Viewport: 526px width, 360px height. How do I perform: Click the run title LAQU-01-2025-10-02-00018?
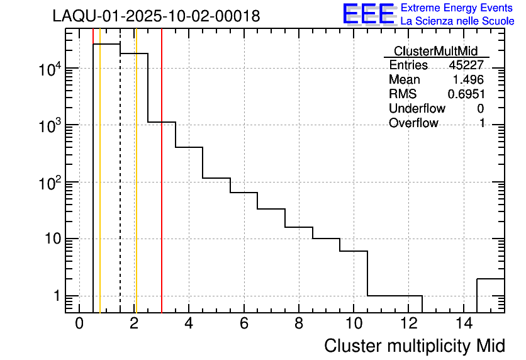[x=156, y=16]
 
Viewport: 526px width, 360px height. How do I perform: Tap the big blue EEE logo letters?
[x=369, y=14]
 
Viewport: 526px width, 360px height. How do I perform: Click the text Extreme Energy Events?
[x=457, y=8]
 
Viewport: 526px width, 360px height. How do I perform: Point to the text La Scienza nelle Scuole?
[x=457, y=21]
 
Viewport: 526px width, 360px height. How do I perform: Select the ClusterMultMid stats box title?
[x=435, y=51]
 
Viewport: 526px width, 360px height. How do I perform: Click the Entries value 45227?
[x=466, y=65]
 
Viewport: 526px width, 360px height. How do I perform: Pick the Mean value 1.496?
[x=468, y=80]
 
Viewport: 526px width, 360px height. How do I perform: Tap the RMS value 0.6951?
[x=466, y=94]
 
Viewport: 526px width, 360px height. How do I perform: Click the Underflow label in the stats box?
[x=417, y=109]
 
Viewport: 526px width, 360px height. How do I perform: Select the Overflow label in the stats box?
[x=413, y=123]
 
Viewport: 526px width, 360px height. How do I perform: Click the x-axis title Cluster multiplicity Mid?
[x=414, y=346]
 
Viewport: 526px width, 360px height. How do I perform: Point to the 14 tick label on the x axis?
[x=462, y=324]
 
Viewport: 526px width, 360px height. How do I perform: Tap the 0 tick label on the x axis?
[x=79, y=324]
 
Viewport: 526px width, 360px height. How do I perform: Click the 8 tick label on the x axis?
[x=298, y=324]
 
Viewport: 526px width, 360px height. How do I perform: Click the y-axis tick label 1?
[x=55, y=296]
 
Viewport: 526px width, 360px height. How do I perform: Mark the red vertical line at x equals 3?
[x=162, y=189]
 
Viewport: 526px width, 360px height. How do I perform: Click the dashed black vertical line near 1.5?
[x=120, y=189]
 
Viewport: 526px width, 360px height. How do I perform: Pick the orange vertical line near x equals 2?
[x=136, y=189]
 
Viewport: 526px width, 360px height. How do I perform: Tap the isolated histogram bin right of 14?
[x=491, y=295]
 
